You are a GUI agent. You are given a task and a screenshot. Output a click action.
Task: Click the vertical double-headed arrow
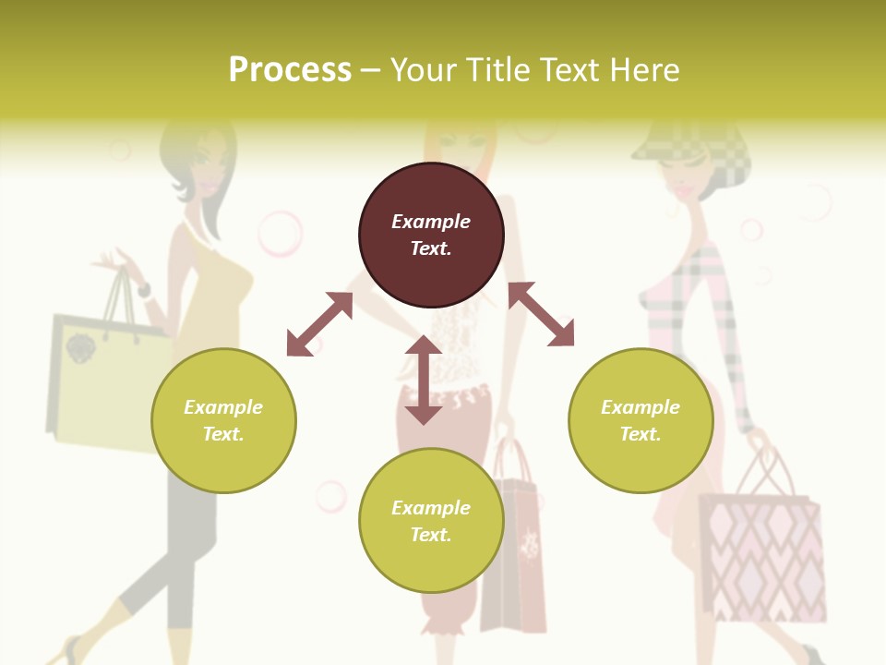pyautogui.click(x=424, y=380)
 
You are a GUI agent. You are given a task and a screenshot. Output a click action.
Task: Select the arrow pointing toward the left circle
pyautogui.click(x=319, y=324)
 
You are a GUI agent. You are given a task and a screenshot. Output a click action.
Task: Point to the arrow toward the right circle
pyautogui.click(x=541, y=314)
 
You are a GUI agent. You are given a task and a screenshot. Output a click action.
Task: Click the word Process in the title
pyautogui.click(x=290, y=70)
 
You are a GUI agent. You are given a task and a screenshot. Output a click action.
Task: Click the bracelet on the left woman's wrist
pyautogui.click(x=144, y=289)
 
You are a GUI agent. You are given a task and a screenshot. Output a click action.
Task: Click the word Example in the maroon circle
pyautogui.click(x=431, y=222)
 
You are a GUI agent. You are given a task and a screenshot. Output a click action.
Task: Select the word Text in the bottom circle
pyautogui.click(x=431, y=535)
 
